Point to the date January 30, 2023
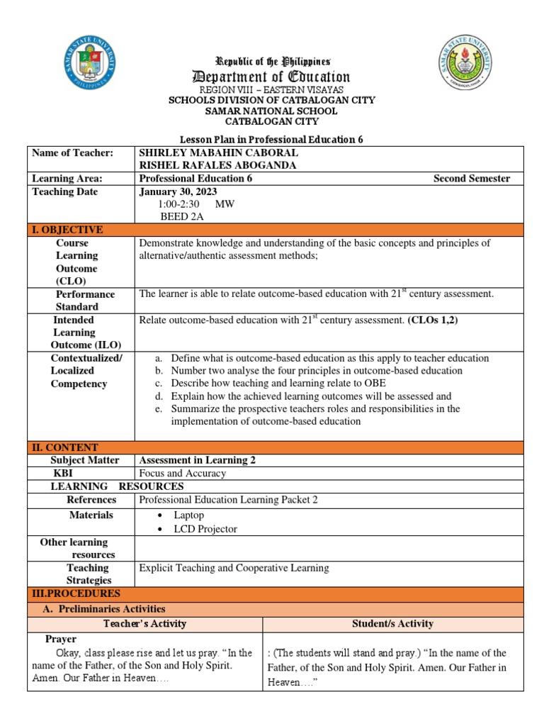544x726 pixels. coord(178,191)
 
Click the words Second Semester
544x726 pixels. coord(471,179)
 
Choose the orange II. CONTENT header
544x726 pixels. coord(64,447)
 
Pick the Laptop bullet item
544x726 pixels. coord(188,515)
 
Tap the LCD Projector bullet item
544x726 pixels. coord(205,529)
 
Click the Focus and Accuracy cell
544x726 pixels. coord(183,473)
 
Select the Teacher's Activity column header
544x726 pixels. coord(144,624)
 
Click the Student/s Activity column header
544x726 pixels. coord(393,624)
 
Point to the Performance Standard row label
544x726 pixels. coord(85,301)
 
